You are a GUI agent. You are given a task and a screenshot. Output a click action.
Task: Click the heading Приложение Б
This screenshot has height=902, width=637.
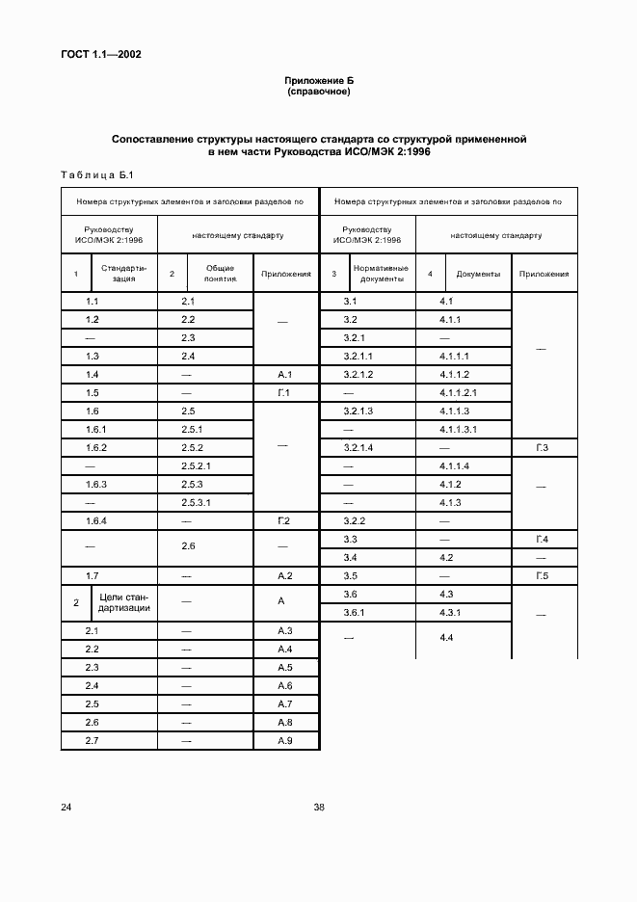click(318, 81)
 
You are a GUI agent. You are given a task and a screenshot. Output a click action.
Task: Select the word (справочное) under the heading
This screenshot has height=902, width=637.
click(318, 93)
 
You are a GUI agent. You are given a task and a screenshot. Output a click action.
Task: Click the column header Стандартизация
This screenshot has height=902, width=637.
click(122, 274)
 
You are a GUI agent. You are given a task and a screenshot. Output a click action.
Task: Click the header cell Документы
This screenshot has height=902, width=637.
click(478, 274)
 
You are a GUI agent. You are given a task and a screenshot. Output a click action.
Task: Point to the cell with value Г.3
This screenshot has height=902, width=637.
click(542, 448)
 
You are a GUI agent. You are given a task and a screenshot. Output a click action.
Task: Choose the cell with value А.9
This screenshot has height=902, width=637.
click(284, 741)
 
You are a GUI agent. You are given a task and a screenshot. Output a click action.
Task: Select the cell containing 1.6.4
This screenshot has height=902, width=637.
click(95, 520)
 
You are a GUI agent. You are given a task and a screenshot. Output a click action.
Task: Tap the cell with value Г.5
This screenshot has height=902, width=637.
click(542, 576)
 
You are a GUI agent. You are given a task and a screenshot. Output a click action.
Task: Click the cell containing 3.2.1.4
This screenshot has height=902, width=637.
click(358, 448)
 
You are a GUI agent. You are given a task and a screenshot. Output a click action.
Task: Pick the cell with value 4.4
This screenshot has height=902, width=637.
click(447, 638)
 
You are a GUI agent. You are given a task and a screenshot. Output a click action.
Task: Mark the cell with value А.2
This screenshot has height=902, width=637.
click(284, 575)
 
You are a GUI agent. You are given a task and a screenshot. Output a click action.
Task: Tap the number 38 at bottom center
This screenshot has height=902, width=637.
click(318, 808)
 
